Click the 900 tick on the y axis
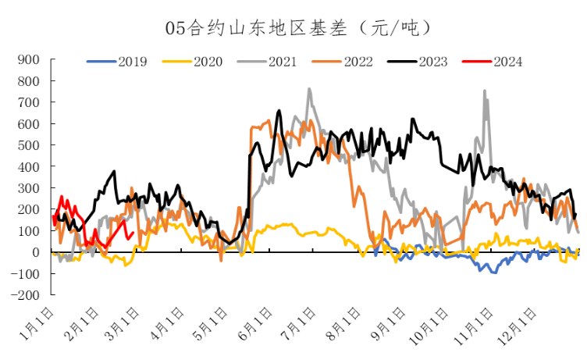tap(28, 59)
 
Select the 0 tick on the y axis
tap(35, 252)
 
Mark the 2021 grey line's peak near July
tap(309, 89)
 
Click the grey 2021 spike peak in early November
tap(485, 91)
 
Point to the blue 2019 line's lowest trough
tap(493, 273)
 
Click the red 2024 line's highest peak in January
tap(62, 197)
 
